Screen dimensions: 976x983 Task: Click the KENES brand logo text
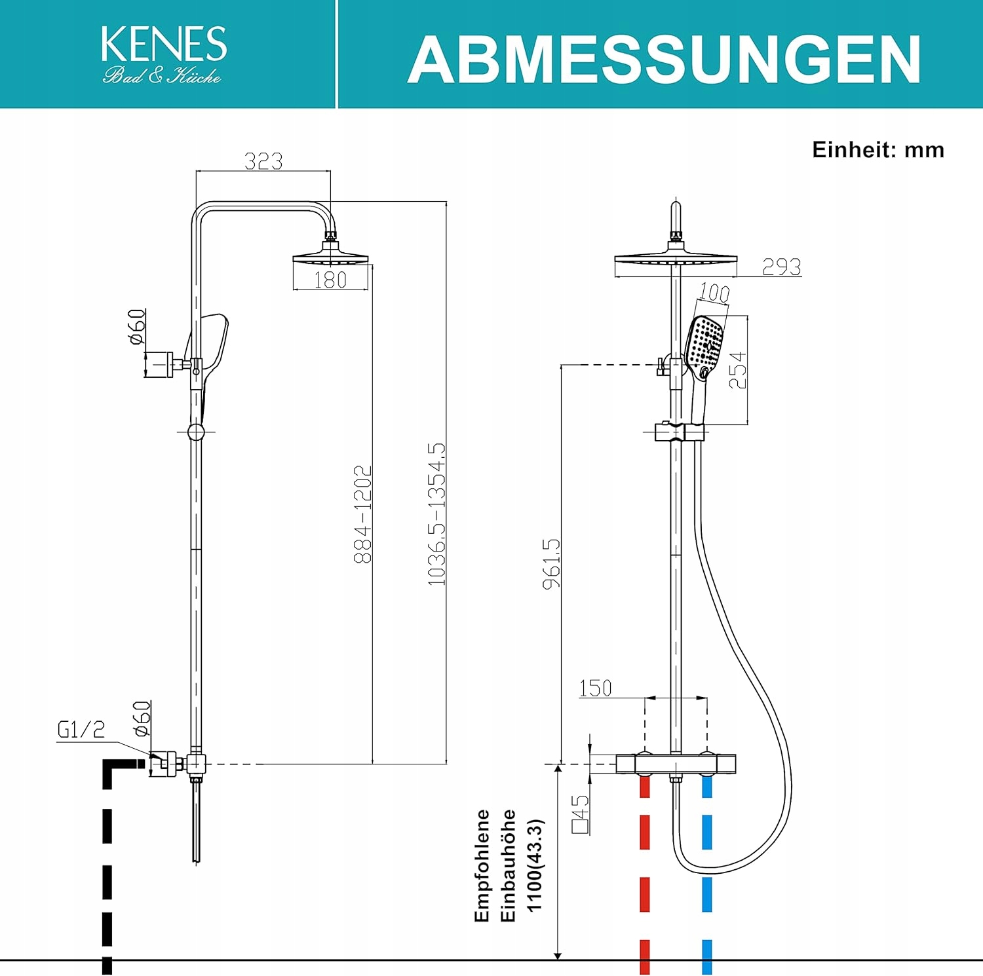[x=164, y=45]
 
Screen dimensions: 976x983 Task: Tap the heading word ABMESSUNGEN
[x=664, y=60]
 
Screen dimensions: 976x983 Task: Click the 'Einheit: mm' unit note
[x=877, y=150]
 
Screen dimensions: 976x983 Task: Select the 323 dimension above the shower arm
[x=263, y=161]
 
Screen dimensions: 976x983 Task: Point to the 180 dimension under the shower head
[x=330, y=280]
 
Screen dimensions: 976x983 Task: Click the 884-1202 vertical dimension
[x=362, y=514]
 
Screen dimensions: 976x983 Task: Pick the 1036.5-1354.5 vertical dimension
[x=436, y=514]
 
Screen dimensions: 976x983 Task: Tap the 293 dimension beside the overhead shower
[x=781, y=267]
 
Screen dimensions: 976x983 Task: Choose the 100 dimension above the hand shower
[x=714, y=292]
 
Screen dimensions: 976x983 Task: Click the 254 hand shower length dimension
[x=738, y=370]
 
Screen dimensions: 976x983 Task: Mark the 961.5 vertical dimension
[x=552, y=563]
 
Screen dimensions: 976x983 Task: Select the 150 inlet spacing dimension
[x=595, y=688]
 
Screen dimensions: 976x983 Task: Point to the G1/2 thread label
[x=81, y=730]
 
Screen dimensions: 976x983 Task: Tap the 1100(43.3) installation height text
[x=535, y=865]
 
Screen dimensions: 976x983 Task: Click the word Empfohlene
[x=482, y=865]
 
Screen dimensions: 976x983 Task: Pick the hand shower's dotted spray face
[x=705, y=342]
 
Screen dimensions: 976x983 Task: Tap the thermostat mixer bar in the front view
[x=676, y=764]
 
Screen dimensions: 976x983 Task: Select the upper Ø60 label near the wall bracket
[x=136, y=327]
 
